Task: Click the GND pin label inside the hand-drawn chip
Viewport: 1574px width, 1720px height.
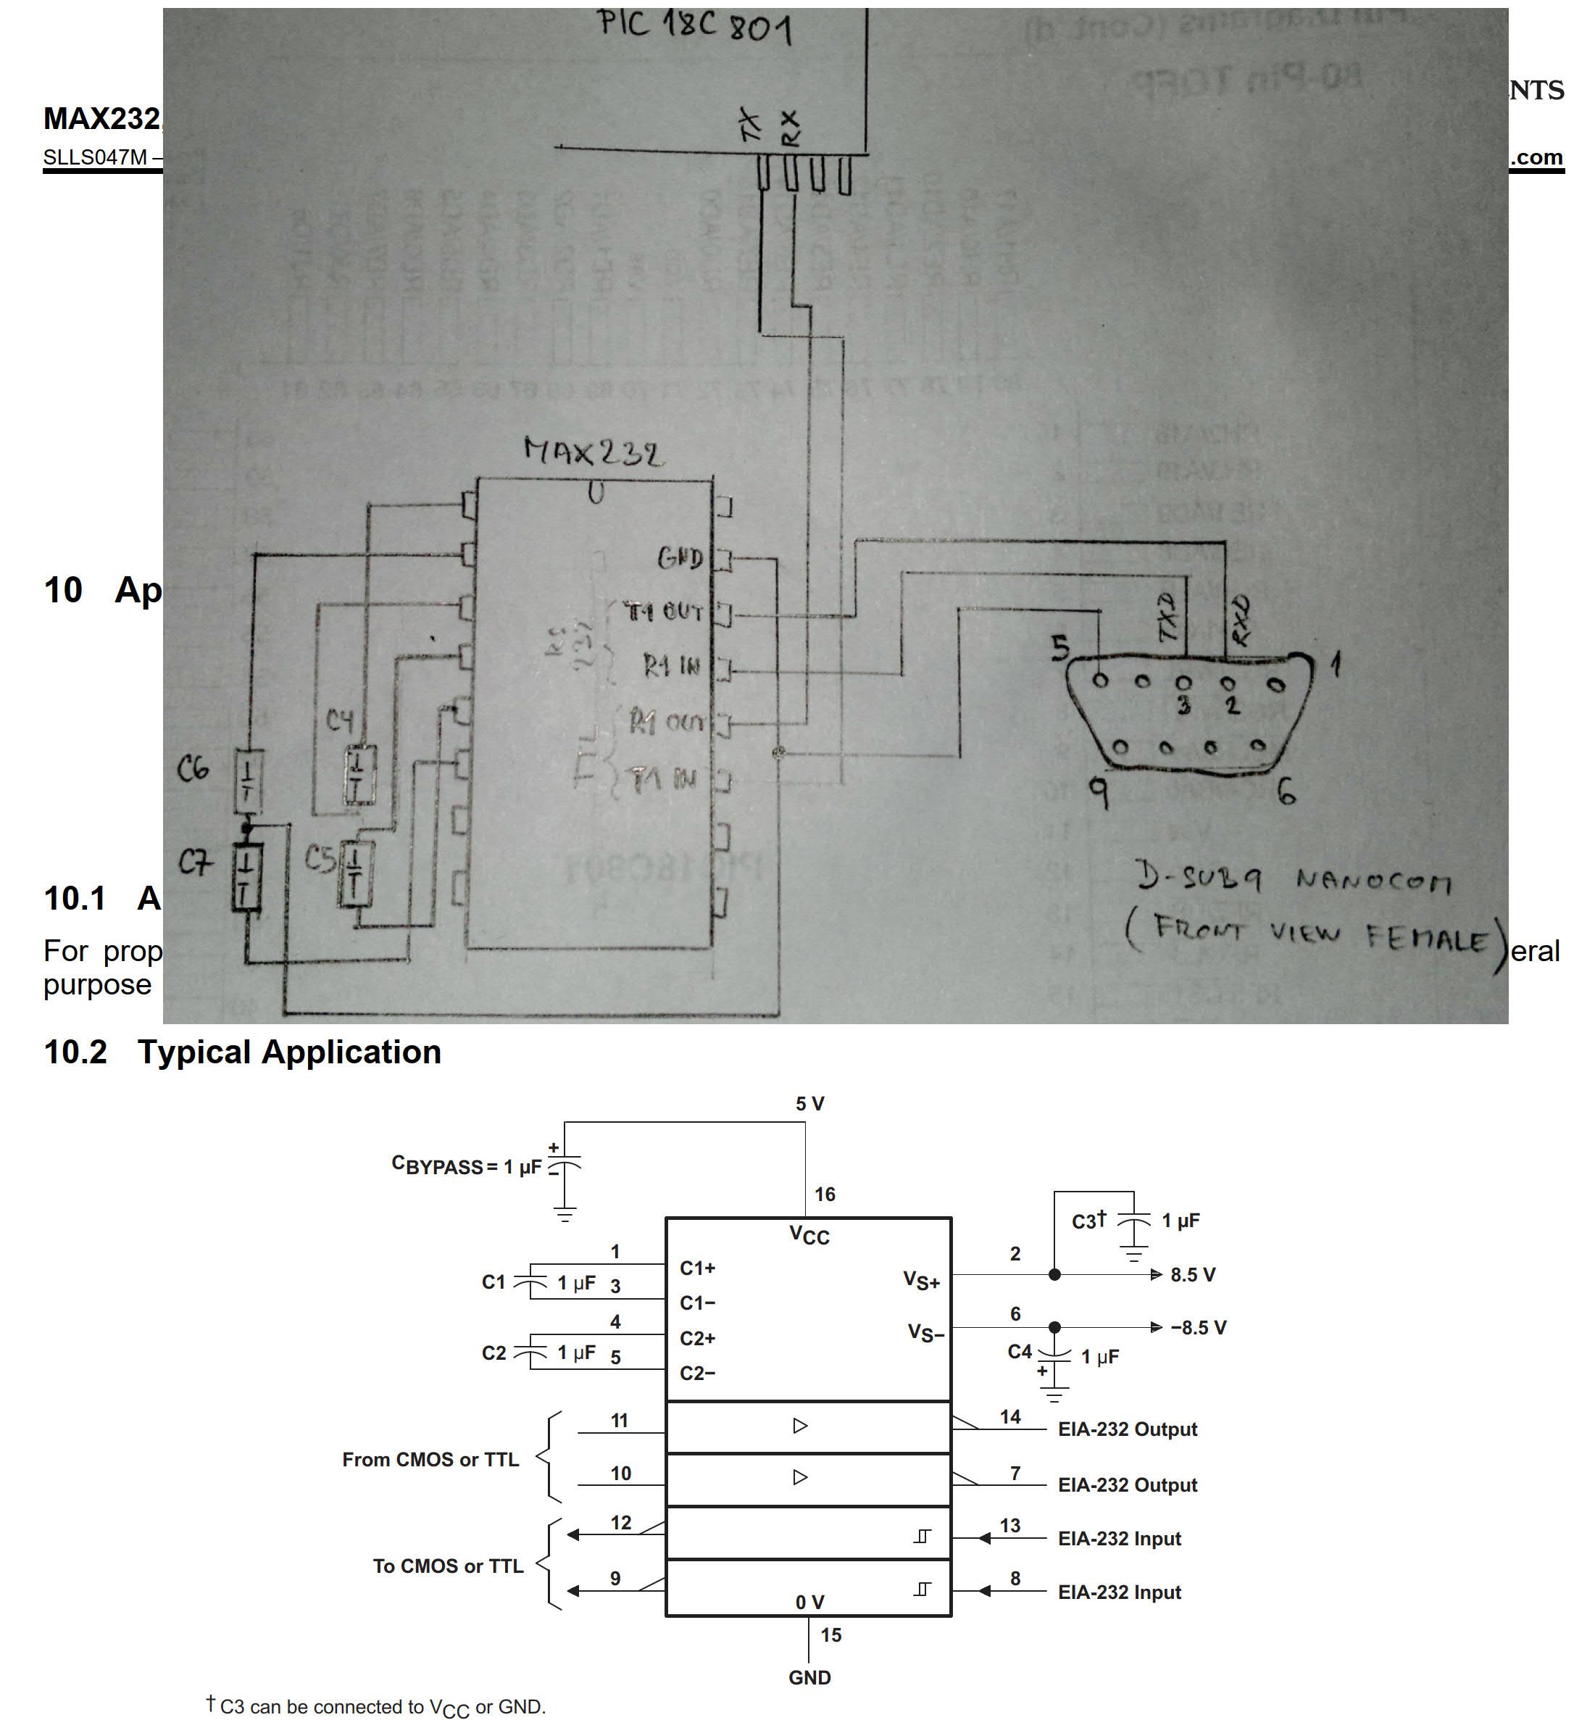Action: click(x=680, y=558)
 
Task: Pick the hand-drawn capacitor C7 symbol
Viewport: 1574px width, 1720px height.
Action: click(x=246, y=876)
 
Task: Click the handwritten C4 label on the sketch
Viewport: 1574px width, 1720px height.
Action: click(x=340, y=721)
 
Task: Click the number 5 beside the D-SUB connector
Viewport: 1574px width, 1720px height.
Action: click(x=1060, y=647)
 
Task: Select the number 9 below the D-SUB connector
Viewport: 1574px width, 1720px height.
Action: click(x=1099, y=794)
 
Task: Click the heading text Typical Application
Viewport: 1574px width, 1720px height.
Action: click(x=289, y=1052)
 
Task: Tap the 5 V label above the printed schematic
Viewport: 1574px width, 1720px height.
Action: click(x=809, y=1103)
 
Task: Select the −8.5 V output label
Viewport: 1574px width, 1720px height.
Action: click(x=1198, y=1328)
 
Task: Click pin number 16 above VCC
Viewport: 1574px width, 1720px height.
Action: click(x=824, y=1195)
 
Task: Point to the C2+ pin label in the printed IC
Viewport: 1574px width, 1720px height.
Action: click(x=697, y=1339)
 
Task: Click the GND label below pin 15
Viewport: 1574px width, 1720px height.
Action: click(x=809, y=1677)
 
